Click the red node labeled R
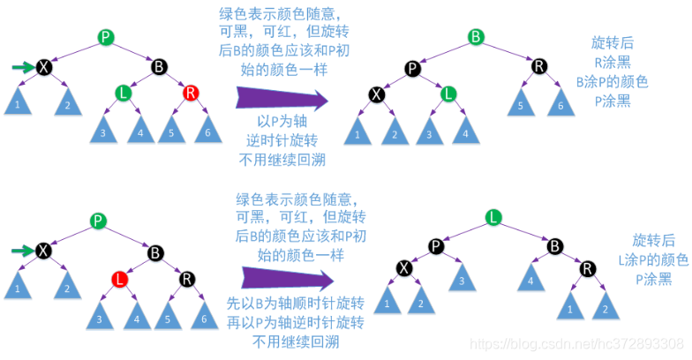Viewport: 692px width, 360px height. [191, 93]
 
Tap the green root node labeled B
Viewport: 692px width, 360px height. [476, 37]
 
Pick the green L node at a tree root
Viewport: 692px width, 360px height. [494, 216]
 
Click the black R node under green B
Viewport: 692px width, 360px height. [538, 66]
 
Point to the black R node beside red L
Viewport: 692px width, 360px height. [187, 280]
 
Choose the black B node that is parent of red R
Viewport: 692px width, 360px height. [159, 66]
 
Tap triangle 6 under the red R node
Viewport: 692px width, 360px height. [207, 131]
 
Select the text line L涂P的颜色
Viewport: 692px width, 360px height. [653, 259]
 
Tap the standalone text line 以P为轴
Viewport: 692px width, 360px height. [282, 121]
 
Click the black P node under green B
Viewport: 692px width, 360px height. [412, 67]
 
